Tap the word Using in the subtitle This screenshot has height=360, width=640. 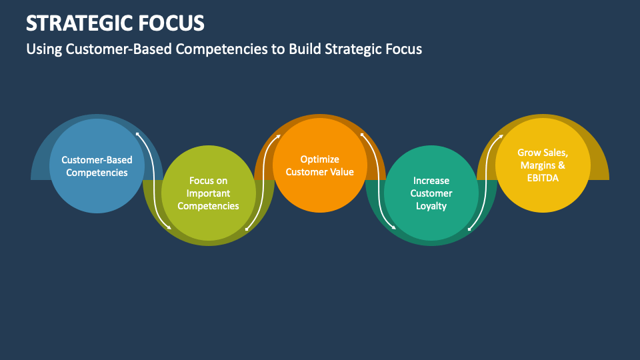44,49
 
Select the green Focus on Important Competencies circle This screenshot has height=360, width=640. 209,223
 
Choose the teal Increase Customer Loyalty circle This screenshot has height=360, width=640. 431,223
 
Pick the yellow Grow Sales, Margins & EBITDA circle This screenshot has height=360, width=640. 543,193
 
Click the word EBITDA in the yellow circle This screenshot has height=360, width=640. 543,178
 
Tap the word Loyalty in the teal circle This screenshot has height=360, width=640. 431,206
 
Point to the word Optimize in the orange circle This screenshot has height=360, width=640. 319,159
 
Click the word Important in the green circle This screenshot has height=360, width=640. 209,193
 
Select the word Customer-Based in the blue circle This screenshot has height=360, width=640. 97,160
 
